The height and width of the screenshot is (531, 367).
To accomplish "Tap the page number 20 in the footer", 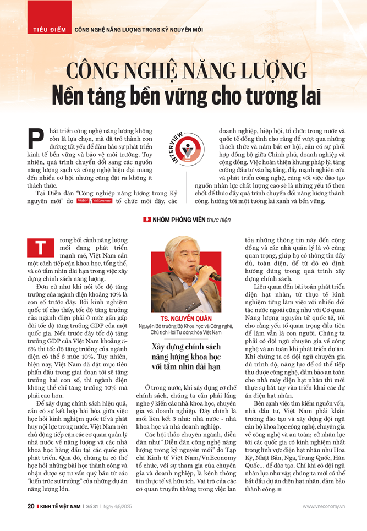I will point(30,506).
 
